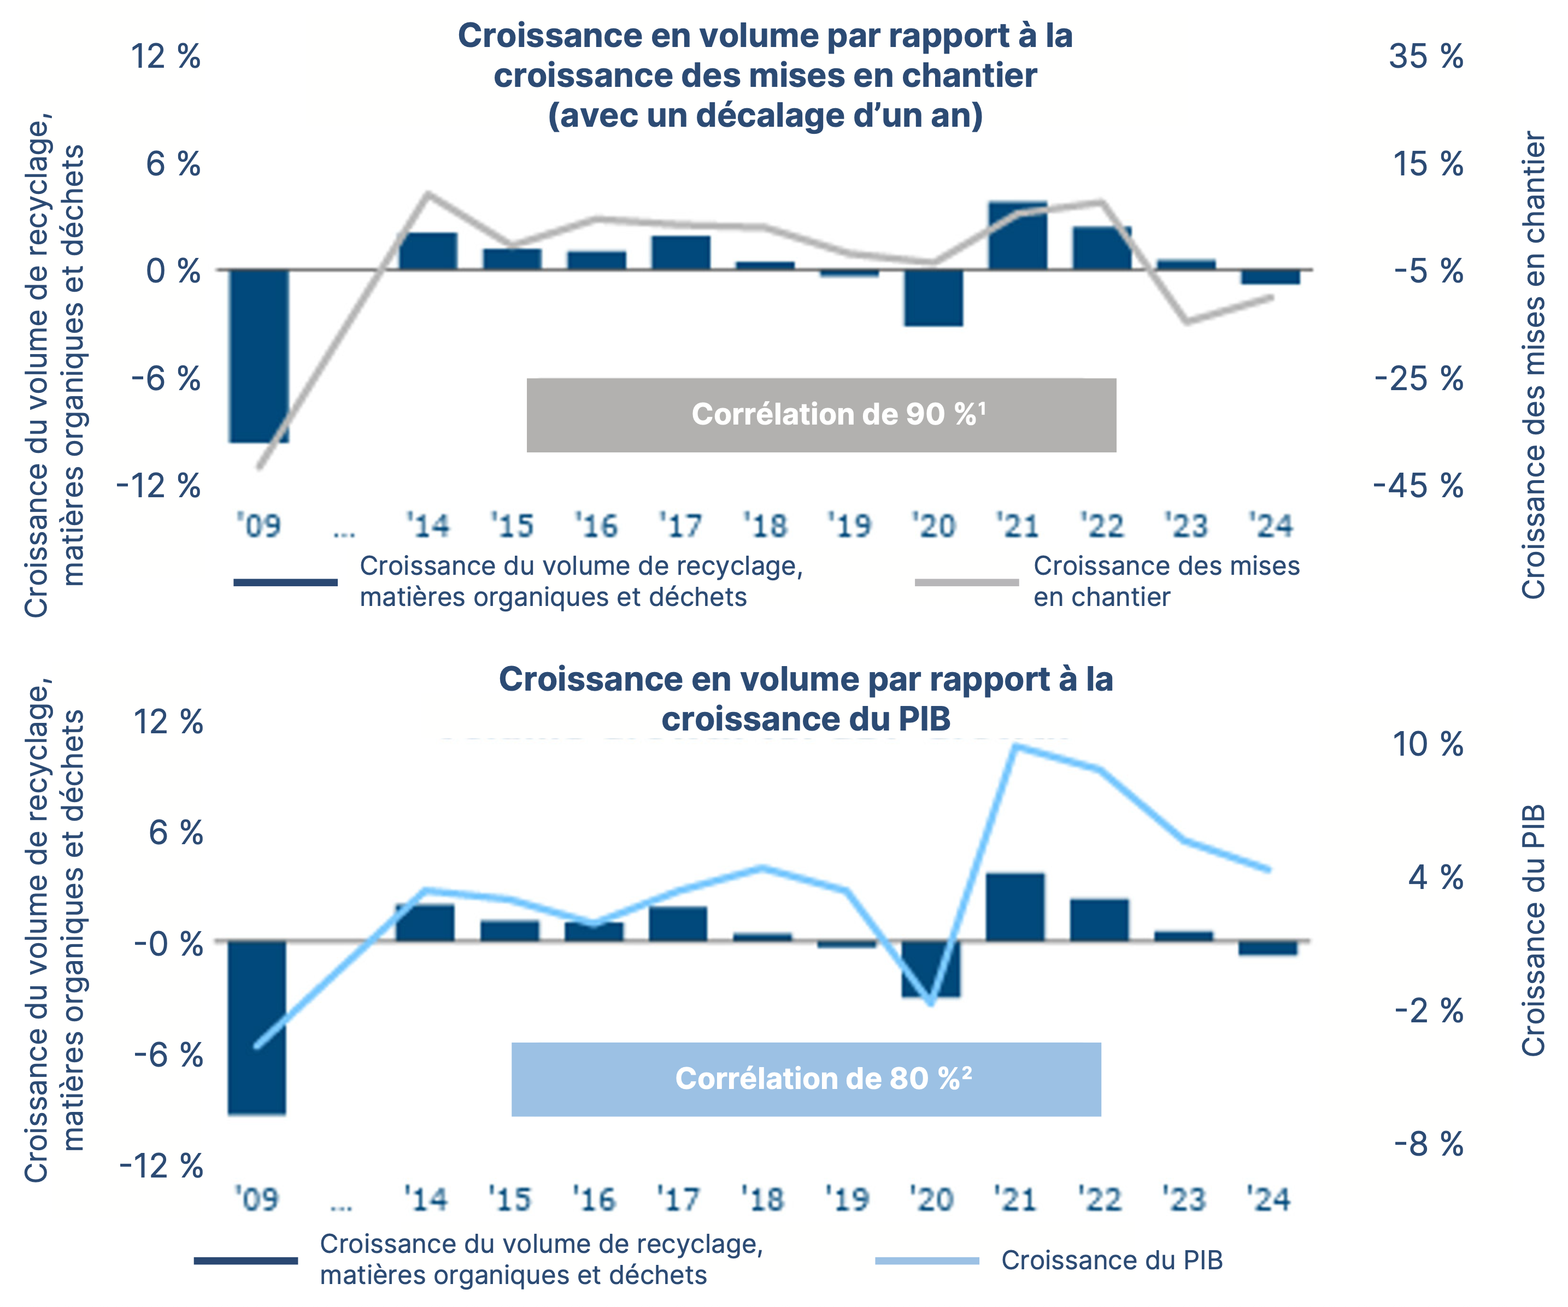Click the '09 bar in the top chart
[259, 355]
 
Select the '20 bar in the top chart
[933, 297]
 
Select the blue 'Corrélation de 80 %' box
[806, 1079]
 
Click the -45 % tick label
[1419, 486]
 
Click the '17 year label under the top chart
[680, 526]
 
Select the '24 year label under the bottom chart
[1269, 1199]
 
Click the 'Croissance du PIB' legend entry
[1112, 1260]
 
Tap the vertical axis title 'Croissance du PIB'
[1534, 929]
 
